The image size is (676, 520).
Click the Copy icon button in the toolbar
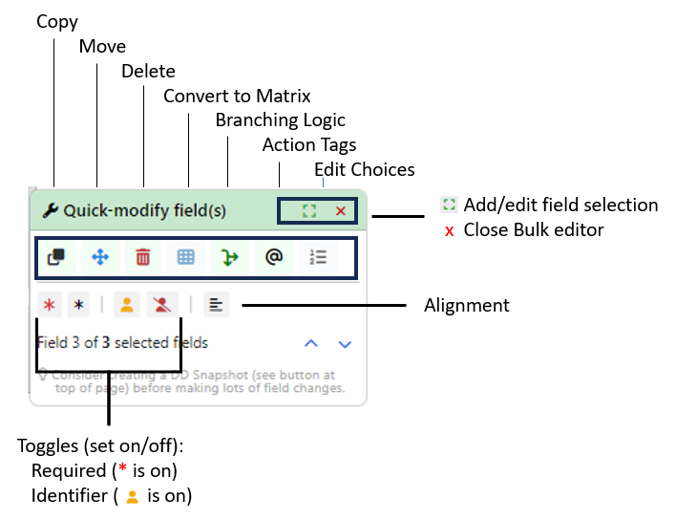pyautogui.click(x=55, y=257)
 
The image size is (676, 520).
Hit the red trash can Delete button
pyautogui.click(x=143, y=257)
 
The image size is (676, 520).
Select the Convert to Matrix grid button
pyautogui.click(x=186, y=257)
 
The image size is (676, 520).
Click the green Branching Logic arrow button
pyautogui.click(x=230, y=257)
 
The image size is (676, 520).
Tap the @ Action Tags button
pyautogui.click(x=274, y=257)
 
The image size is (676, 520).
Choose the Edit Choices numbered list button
pyautogui.click(x=317, y=257)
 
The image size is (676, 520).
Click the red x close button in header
pyautogui.click(x=341, y=210)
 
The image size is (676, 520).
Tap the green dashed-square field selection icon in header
pyautogui.click(x=308, y=210)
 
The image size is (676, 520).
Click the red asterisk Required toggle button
pyautogui.click(x=50, y=305)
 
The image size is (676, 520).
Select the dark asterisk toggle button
pyautogui.click(x=79, y=305)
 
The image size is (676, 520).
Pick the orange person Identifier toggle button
pyautogui.click(x=127, y=305)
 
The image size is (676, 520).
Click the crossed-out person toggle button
pyautogui.click(x=163, y=305)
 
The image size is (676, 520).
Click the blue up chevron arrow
pyautogui.click(x=310, y=343)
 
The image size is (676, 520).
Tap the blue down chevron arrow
pyautogui.click(x=345, y=343)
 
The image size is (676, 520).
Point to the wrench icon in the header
pyautogui.click(x=51, y=210)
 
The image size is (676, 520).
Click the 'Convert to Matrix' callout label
pyautogui.click(x=237, y=96)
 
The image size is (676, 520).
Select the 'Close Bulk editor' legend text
pyautogui.click(x=534, y=229)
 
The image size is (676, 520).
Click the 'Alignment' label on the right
pyautogui.click(x=466, y=305)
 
